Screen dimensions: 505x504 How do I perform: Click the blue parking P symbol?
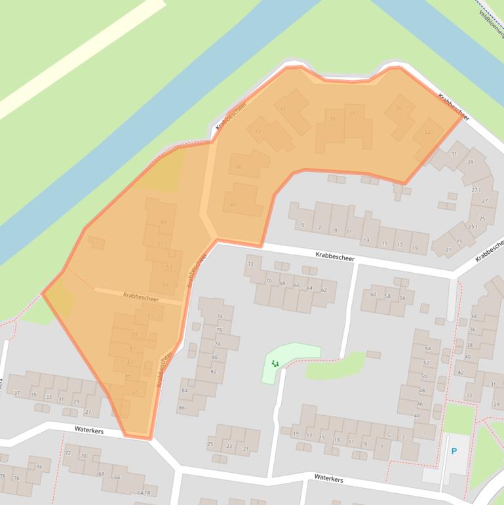coord(454,451)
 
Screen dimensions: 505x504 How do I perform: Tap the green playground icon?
coord(275,363)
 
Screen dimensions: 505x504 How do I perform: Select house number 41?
coord(283,109)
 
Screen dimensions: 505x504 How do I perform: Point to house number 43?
coord(258,131)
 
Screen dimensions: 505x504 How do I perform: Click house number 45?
coord(239,168)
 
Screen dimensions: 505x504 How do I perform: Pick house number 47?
coord(233,205)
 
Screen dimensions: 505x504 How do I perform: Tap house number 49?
coord(163,222)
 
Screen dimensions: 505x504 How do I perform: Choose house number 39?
coord(332,119)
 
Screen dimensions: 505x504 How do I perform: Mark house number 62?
coord(324,289)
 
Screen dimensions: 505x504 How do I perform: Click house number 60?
coord(373,294)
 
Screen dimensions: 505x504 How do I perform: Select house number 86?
coord(182,408)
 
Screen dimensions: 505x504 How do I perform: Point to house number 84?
coord(185,391)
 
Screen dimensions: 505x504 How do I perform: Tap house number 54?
coord(428,348)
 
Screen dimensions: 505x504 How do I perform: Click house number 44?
coord(417,416)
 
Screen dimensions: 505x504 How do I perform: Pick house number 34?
coord(473,317)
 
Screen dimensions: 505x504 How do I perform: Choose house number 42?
coord(460,372)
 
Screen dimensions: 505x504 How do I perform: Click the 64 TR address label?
coord(144,493)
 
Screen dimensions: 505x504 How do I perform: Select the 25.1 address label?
coord(473,226)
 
